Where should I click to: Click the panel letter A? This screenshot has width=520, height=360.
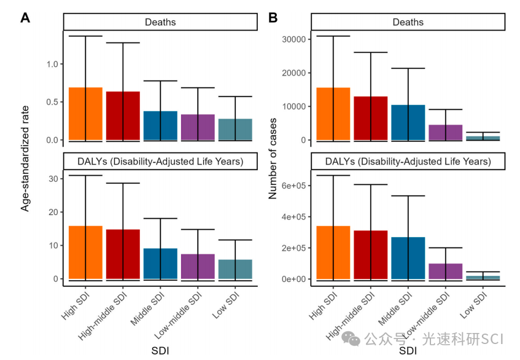[x=25, y=18]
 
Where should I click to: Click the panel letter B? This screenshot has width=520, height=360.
[x=273, y=18]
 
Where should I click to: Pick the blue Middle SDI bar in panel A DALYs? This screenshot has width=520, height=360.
[x=160, y=264]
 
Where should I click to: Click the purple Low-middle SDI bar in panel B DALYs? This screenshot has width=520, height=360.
[x=445, y=271]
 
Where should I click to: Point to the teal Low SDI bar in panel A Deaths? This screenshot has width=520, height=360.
[x=235, y=129]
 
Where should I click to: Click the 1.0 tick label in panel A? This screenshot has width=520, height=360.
[x=52, y=65]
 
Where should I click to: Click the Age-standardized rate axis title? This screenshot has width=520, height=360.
[x=25, y=157]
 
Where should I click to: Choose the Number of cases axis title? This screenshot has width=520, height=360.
[x=273, y=157]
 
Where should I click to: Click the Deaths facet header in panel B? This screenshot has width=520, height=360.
[x=408, y=22]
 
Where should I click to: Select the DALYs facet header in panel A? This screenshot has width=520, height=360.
[x=160, y=162]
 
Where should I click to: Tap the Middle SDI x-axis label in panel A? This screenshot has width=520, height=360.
[x=146, y=312]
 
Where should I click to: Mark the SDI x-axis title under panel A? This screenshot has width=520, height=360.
[x=160, y=351]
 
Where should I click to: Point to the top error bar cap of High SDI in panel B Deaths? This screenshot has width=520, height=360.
[x=333, y=36]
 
